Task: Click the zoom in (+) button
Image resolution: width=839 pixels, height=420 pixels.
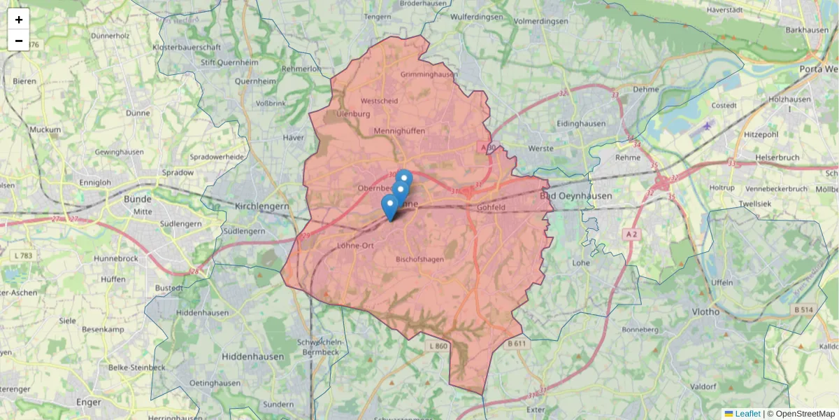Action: pos(19,20)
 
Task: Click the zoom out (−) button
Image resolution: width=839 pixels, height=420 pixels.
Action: pos(19,41)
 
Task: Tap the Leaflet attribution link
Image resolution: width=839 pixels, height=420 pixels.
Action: pos(747,414)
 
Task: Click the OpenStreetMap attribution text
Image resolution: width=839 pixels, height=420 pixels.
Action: pos(801,414)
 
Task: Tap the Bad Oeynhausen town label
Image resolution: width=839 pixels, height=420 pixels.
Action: pos(577,196)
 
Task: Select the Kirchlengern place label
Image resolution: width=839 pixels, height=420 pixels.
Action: pos(262,206)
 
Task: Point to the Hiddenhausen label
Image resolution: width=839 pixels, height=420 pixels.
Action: pos(253,356)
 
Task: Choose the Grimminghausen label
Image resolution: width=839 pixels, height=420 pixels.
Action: pos(429,74)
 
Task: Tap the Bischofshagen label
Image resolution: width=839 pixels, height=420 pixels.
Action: pos(419,259)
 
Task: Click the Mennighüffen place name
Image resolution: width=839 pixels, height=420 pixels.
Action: pos(399,131)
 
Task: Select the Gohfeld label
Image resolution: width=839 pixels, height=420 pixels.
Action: pos(491,208)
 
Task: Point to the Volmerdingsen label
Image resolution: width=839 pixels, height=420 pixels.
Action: pos(540,21)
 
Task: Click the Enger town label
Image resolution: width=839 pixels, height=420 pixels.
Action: pos(89,402)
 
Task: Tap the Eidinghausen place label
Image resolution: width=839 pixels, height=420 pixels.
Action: pos(581,124)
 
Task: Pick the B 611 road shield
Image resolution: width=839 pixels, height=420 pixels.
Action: pos(517,344)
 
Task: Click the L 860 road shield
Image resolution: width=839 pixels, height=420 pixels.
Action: pos(436,346)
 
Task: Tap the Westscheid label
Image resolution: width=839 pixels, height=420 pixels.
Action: pos(379,101)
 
